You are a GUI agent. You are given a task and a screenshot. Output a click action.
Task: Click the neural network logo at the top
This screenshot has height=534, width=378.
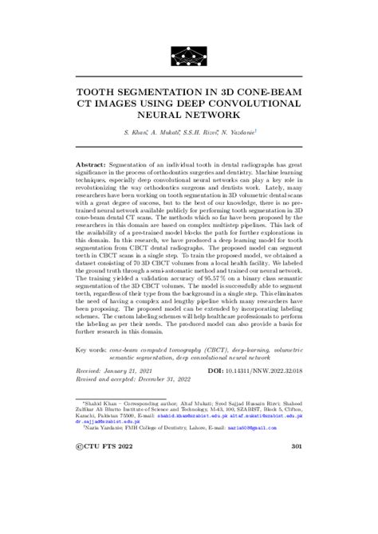pos(189,54)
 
